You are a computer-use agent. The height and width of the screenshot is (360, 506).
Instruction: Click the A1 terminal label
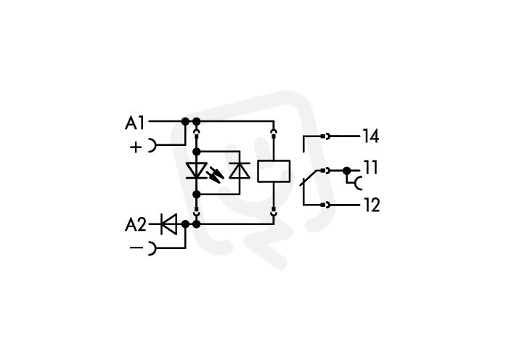point(134,123)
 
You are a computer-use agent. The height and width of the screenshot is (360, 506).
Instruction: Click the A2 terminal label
point(136,224)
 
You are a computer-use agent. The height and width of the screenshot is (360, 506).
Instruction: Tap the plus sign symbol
point(136,147)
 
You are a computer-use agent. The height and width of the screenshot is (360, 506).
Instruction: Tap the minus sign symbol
point(136,247)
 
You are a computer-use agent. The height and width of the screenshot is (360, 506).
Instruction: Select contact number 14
point(370,136)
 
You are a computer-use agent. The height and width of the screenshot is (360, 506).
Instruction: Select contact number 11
point(370,168)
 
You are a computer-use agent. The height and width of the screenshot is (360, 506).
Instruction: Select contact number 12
point(372,205)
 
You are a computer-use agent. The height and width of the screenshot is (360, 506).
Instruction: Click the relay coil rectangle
point(274,171)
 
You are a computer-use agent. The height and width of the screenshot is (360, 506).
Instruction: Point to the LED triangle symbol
point(197,171)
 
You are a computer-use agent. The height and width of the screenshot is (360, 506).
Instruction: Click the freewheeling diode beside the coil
point(240,171)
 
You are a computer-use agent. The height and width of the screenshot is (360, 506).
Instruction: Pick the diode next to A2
point(168,224)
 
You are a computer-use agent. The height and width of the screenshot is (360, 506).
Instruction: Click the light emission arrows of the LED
point(215,174)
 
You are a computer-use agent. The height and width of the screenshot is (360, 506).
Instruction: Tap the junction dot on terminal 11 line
point(346,171)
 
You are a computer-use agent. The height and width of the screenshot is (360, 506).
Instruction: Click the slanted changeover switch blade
point(311,178)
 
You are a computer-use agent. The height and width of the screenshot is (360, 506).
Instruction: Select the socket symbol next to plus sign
point(152,145)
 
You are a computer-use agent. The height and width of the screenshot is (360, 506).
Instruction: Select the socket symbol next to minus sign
point(152,248)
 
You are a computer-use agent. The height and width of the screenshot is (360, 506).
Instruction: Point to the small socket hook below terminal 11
point(358,183)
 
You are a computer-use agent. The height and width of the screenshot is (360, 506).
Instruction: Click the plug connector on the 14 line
point(326,136)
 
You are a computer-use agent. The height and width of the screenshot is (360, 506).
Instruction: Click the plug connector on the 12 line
point(326,205)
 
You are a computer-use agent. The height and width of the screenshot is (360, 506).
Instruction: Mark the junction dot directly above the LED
point(196,152)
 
